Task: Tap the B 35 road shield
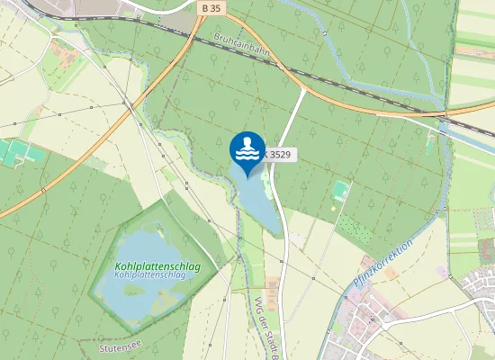[x=210, y=7]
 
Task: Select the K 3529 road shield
[x=280, y=155]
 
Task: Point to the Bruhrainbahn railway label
[x=242, y=48]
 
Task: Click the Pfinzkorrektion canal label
[x=382, y=263]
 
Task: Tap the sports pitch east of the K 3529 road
[x=340, y=190]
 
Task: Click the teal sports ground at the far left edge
[x=11, y=153]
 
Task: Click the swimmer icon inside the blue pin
[x=247, y=147]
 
